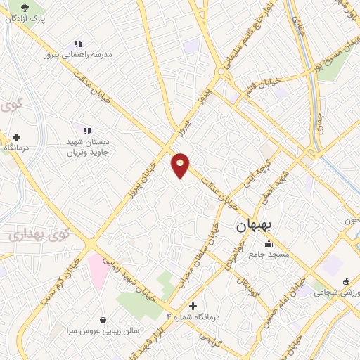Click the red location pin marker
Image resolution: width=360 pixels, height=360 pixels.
[x=181, y=165]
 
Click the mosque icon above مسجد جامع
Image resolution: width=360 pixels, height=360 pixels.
[x=267, y=244]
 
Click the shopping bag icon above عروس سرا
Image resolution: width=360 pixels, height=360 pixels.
[x=103, y=319]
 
